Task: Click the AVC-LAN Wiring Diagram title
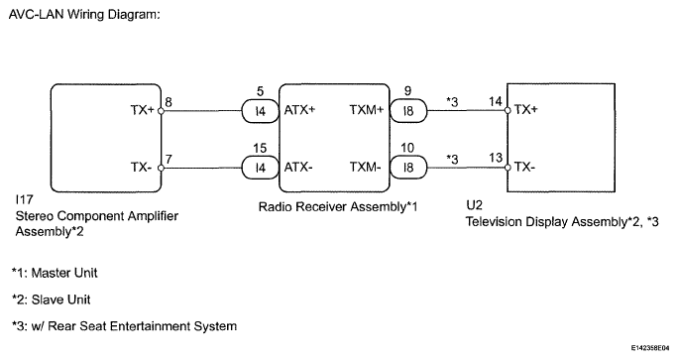84,15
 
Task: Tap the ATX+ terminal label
299,110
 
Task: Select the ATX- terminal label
298,167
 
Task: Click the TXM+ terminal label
367,110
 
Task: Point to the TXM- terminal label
366,167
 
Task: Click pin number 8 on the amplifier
169,102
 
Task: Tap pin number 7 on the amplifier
169,160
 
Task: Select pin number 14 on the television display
496,102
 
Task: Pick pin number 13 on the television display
496,158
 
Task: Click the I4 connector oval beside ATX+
260,111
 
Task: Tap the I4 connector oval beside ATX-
260,168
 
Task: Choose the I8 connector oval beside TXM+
408,111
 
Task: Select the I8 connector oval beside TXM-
408,167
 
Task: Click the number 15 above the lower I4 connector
260,149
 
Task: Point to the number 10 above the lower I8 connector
407,148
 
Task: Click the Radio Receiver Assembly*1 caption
338,207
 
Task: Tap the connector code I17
24,199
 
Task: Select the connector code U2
475,205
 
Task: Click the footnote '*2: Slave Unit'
51,300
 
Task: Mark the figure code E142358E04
649,347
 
